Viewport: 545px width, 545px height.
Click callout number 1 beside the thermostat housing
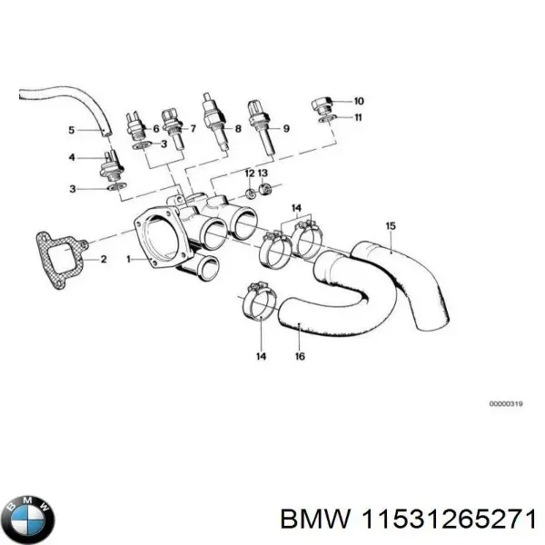pos(129,259)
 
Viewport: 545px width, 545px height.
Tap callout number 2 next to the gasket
pos(103,259)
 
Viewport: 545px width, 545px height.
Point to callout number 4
pos(74,158)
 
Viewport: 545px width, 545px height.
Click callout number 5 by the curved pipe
pos(73,131)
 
